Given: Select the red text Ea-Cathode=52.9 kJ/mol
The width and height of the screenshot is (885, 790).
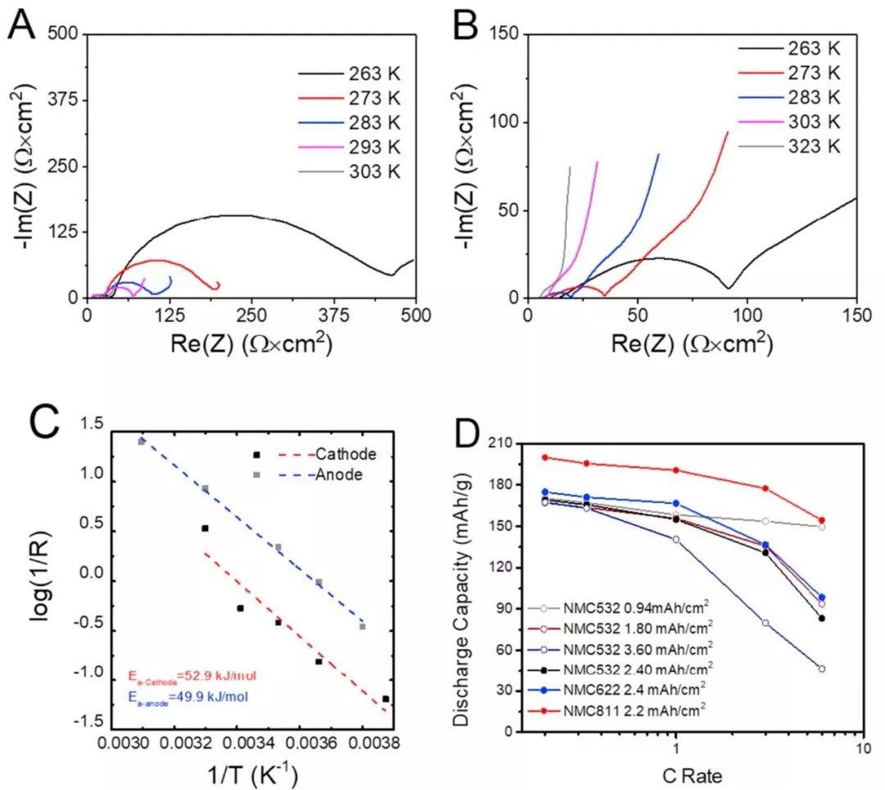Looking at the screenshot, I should coord(192,677).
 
